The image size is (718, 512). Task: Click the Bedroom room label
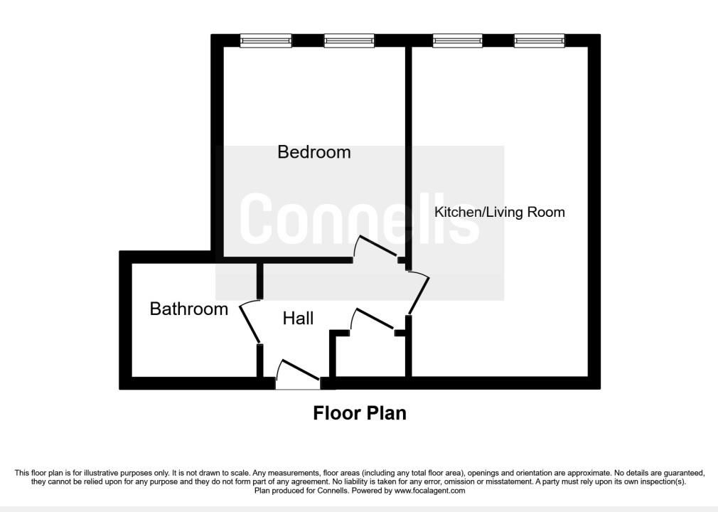[314, 152]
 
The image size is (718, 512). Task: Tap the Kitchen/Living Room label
[499, 212]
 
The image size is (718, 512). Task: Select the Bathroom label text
[188, 309]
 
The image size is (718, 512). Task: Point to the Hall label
[298, 319]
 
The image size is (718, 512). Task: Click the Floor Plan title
[360, 413]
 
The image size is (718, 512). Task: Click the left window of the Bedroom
[266, 41]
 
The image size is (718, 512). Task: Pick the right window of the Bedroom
[349, 41]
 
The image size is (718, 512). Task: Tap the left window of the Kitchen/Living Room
[457, 41]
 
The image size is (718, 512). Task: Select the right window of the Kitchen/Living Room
[539, 41]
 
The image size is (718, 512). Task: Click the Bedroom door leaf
[378, 246]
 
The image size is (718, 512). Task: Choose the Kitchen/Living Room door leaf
[419, 296]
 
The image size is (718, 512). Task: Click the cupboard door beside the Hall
[375, 319]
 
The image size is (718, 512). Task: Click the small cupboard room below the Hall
[370, 356]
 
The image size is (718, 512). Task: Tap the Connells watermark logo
[360, 218]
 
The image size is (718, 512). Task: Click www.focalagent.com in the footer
[429, 491]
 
